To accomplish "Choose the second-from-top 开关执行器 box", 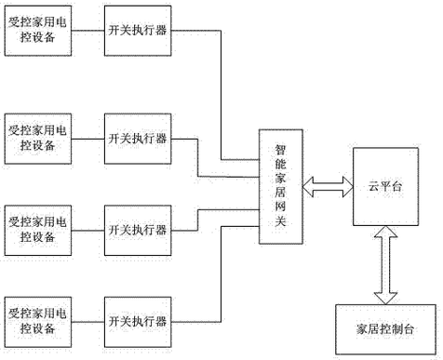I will (138, 138).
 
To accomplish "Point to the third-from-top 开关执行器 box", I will (138, 229).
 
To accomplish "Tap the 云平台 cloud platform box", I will (383, 186).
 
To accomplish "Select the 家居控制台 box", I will (383, 329).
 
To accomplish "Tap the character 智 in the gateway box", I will (280, 148).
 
